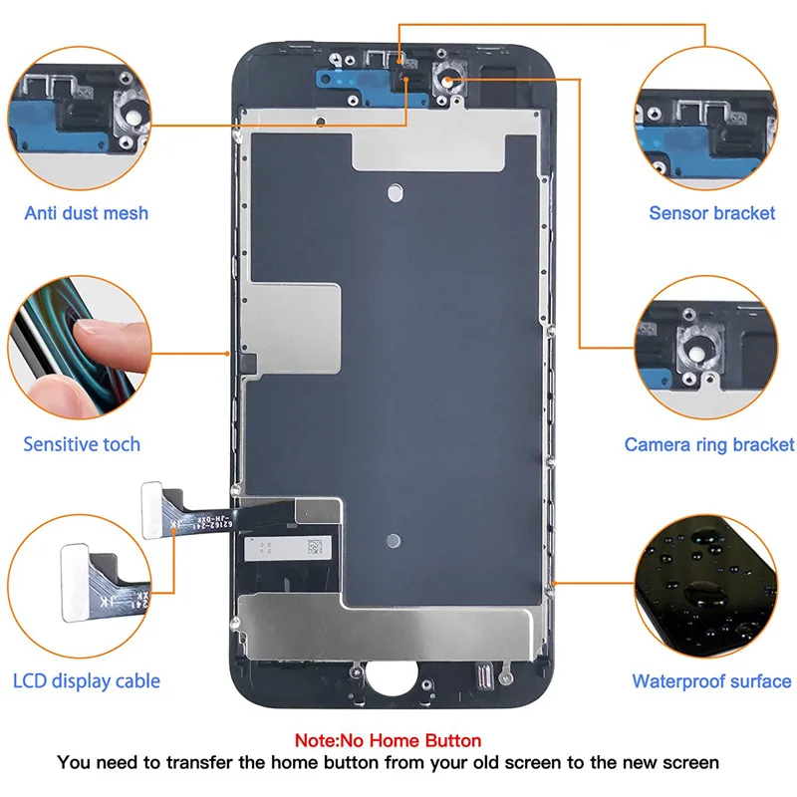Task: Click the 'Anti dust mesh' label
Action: [87, 213]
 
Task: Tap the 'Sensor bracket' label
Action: [712, 213]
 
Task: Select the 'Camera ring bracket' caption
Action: [709, 444]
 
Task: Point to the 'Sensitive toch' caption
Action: [82, 444]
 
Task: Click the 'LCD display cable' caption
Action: [87, 681]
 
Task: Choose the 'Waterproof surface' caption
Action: [711, 681]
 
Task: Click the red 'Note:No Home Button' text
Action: [388, 740]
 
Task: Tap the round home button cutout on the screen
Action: [392, 678]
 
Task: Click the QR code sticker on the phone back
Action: [315, 547]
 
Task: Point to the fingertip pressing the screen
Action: [110, 338]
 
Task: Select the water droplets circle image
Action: [706, 587]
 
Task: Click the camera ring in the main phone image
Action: [447, 82]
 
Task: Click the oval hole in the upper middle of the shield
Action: [395, 192]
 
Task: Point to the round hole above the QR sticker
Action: [394, 541]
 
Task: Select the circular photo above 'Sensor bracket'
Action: [706, 119]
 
